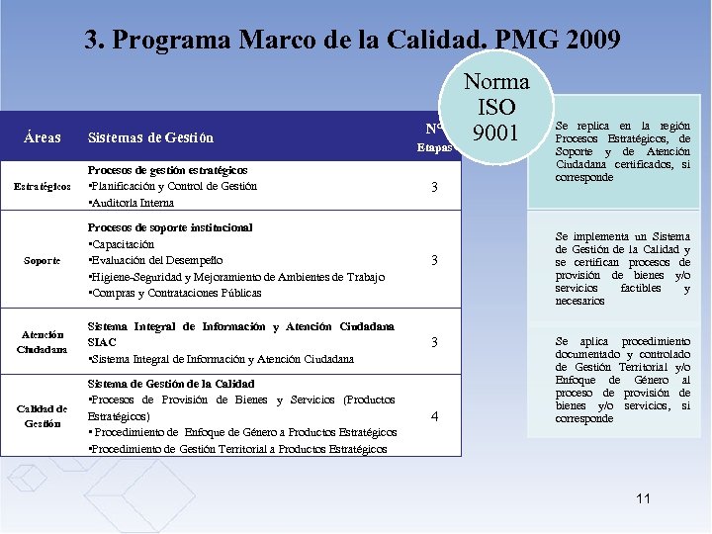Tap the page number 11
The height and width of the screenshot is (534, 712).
click(x=643, y=498)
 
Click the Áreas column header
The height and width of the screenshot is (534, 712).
click(x=43, y=137)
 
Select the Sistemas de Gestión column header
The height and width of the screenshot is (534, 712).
click(x=150, y=137)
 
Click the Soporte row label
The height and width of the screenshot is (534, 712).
click(x=42, y=260)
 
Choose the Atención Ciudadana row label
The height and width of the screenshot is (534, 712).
click(x=42, y=341)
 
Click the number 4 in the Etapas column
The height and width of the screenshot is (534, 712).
click(x=435, y=416)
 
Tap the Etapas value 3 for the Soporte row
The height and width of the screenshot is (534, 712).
click(x=435, y=260)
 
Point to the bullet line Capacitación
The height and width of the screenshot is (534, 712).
click(x=122, y=243)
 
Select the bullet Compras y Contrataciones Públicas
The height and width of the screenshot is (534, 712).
click(x=175, y=293)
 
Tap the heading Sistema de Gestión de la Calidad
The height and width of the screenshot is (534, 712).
click(x=171, y=384)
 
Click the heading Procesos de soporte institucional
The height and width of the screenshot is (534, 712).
click(x=170, y=227)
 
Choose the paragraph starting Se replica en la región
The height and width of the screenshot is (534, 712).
click(x=622, y=151)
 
